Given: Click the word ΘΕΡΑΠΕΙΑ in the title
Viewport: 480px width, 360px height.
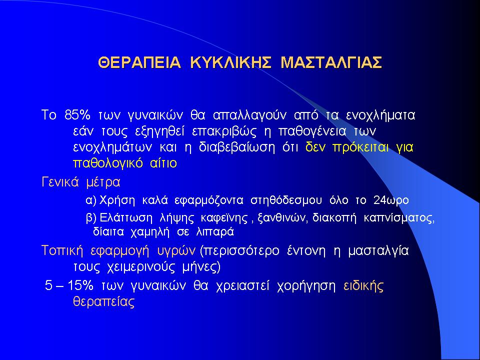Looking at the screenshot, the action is coord(139,62).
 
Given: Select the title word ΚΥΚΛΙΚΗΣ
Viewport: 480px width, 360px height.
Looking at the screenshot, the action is coord(230,62).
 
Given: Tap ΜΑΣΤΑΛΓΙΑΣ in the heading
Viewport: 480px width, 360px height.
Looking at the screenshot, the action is coord(331,62).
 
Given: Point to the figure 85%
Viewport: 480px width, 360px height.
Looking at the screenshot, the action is coord(77,115).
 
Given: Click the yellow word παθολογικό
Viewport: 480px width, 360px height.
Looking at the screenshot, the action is coord(108,163).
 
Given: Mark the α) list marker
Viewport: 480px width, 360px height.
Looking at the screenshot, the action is coord(91,200).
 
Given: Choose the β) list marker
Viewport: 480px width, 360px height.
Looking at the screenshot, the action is coord(91,218).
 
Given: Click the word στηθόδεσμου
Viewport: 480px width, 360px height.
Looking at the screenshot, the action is coord(286,200).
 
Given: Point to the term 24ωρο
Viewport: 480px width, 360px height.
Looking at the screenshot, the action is coord(391,200).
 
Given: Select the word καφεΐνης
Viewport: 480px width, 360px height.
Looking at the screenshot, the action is coord(224,218).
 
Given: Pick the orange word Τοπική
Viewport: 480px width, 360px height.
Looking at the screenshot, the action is coord(62,251).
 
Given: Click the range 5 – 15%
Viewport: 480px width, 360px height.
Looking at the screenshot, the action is coord(69,285).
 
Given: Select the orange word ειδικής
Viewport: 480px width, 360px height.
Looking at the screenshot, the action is coord(363,286).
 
